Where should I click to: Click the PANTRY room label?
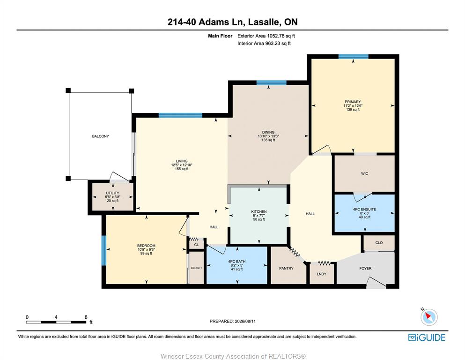point(286,268)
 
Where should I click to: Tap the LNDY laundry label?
point(321,274)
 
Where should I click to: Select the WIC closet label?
point(364,173)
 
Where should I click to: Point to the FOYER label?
point(365,268)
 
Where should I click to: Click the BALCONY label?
point(101,136)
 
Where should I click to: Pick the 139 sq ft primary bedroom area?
point(353,110)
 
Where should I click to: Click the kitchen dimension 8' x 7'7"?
point(259,216)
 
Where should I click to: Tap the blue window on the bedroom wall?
point(104,250)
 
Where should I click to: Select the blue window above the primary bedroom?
point(354,56)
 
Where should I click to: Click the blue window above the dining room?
point(271,83)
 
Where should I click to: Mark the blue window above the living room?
point(180,115)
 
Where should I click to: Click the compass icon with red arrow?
point(429,317)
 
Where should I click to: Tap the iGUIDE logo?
point(427,338)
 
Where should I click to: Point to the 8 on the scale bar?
point(86,317)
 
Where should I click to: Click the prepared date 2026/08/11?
point(245,321)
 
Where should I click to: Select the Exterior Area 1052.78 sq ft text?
point(266,36)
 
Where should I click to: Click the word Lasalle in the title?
point(263,22)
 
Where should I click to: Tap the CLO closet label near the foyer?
point(379,243)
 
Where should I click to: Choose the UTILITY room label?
point(113,193)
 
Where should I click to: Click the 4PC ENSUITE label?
point(364,209)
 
